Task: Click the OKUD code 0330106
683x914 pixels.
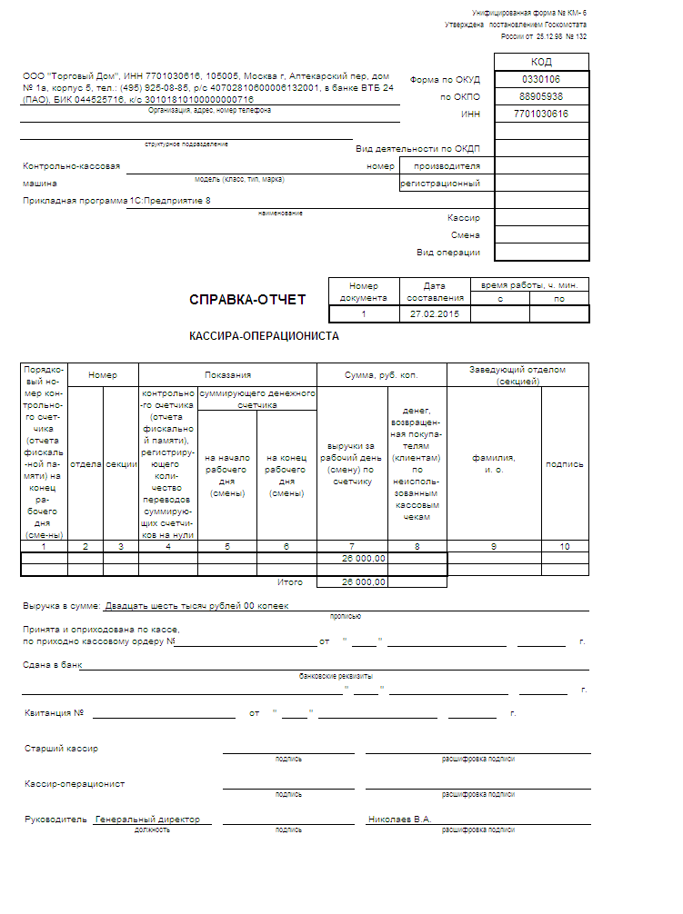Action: click(x=541, y=79)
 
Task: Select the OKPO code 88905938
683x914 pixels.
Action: click(x=541, y=96)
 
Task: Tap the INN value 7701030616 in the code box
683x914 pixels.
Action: click(x=541, y=114)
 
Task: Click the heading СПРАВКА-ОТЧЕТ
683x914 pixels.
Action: click(x=247, y=300)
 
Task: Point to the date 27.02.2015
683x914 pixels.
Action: click(x=435, y=313)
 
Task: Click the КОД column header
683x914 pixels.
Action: click(x=541, y=62)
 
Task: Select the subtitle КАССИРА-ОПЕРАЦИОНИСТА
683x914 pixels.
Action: click(x=264, y=335)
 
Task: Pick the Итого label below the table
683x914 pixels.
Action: click(x=291, y=581)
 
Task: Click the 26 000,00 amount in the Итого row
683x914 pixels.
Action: click(x=364, y=581)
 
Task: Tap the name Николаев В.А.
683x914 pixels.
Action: click(x=399, y=819)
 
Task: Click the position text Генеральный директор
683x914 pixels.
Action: click(x=148, y=819)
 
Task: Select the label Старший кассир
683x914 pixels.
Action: click(x=61, y=749)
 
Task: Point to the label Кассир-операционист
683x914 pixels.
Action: click(x=75, y=783)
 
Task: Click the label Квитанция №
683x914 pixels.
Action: click(x=55, y=713)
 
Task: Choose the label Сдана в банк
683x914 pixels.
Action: click(x=52, y=664)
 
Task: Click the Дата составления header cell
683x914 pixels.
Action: click(x=435, y=291)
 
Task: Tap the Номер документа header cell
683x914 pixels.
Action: click(x=364, y=291)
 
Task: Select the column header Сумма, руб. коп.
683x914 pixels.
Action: click(x=381, y=374)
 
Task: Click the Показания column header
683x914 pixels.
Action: click(x=227, y=374)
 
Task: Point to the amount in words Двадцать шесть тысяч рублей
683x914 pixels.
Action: click(x=196, y=606)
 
